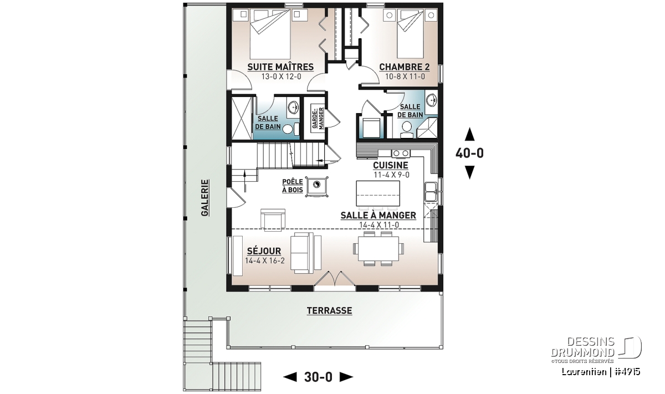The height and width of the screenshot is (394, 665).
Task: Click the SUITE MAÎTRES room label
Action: (x=280, y=67)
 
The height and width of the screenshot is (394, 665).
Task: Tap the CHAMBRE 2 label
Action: (x=405, y=67)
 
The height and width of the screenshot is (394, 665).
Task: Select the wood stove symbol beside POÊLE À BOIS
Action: (x=317, y=186)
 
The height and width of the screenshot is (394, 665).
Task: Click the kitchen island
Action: (x=377, y=193)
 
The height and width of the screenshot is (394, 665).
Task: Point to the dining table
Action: (x=378, y=248)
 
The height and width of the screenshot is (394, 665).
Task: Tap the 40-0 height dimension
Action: (x=469, y=153)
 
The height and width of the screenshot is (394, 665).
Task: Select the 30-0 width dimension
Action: (x=318, y=377)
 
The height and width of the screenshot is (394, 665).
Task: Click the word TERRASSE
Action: (x=329, y=310)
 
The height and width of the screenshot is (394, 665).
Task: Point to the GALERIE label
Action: (x=205, y=198)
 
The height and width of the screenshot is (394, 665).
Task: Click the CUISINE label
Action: (x=391, y=165)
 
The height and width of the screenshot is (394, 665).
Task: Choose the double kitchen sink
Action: (x=431, y=192)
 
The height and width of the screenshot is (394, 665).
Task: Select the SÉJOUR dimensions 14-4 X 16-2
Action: (x=265, y=260)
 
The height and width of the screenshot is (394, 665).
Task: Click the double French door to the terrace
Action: (x=335, y=279)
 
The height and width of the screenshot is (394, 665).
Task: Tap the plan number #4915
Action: (x=627, y=372)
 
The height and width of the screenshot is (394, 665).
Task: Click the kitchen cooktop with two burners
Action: (x=401, y=153)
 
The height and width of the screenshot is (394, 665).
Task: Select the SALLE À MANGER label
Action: (x=378, y=215)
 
